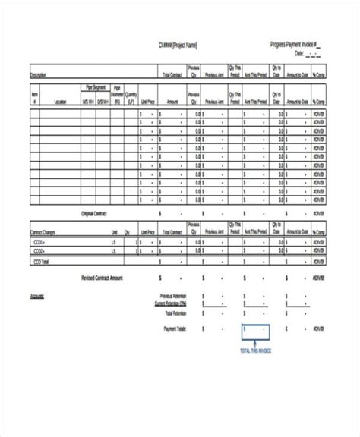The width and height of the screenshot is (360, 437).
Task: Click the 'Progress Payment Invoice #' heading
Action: (295, 45)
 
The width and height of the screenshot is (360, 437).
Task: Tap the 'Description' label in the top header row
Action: (38, 75)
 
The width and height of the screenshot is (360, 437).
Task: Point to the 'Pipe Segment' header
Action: (96, 87)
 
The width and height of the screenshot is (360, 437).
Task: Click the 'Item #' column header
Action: (35, 97)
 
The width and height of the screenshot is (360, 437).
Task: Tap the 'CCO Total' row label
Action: (39, 260)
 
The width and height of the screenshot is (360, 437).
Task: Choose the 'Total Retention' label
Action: (175, 312)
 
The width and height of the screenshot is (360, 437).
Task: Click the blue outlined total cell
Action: (254, 332)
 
